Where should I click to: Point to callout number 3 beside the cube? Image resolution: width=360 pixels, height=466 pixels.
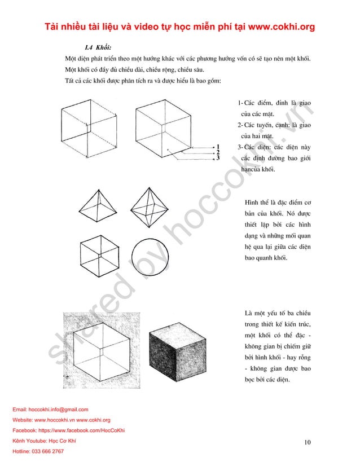tap(218, 159)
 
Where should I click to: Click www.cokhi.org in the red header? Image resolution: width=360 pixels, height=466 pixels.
tap(273, 27)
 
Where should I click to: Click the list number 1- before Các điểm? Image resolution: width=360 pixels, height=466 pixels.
tap(240, 102)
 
